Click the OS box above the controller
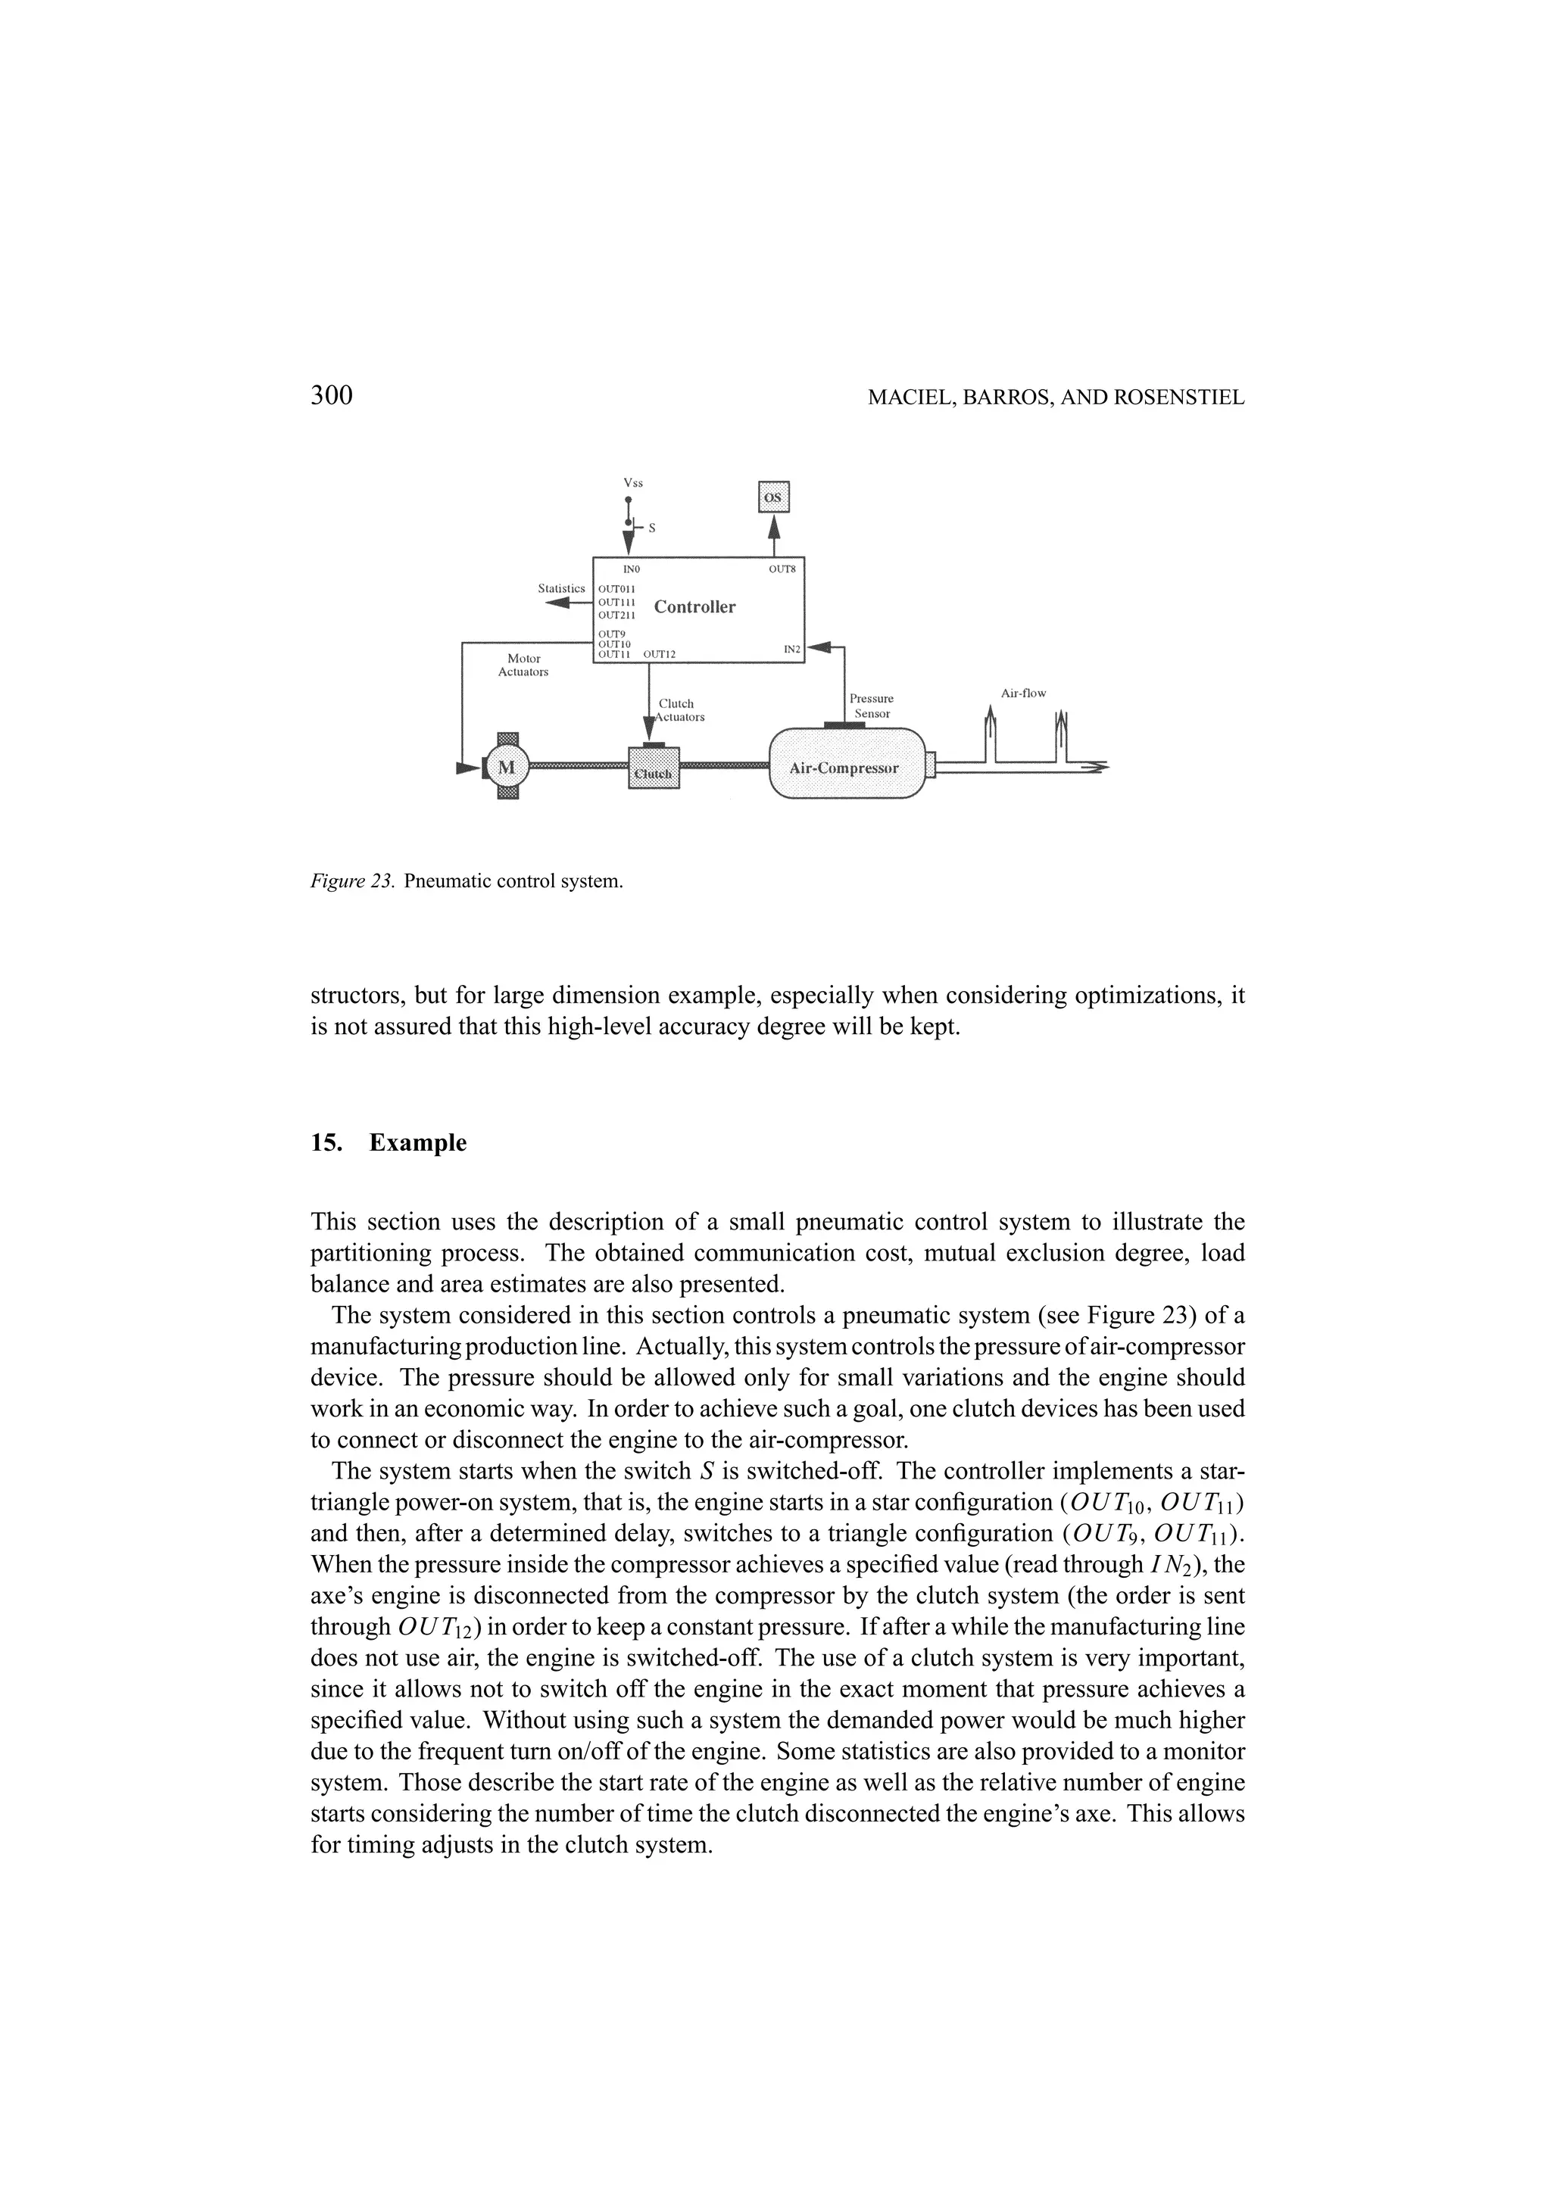[x=773, y=497]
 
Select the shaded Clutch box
[x=654, y=768]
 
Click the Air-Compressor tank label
[x=844, y=768]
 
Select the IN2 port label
[x=791, y=650]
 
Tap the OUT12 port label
[x=660, y=655]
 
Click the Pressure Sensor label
[x=872, y=706]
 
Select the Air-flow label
[x=1023, y=693]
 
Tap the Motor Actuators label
[x=523, y=665]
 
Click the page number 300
[x=332, y=396]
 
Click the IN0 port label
[x=631, y=569]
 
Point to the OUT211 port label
[x=616, y=616]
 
